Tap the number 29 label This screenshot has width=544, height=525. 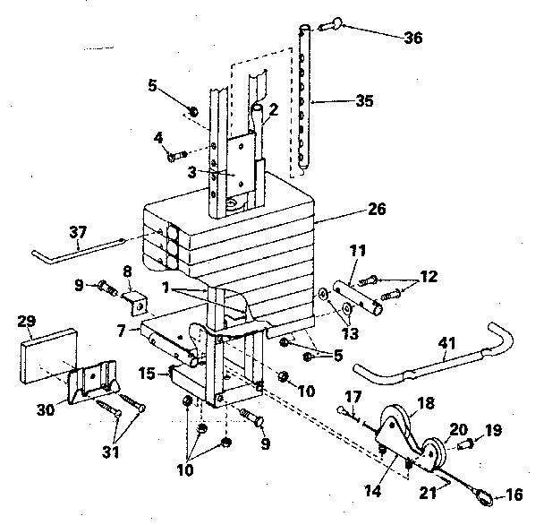pos(27,320)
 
